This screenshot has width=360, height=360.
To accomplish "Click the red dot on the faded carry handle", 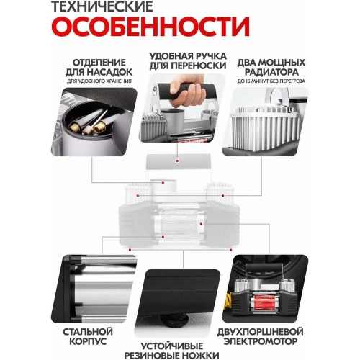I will point(164,182).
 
